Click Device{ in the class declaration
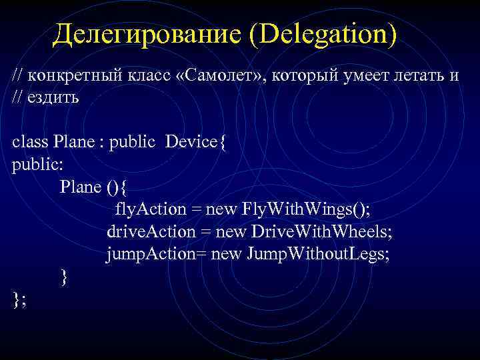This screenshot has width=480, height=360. [196, 141]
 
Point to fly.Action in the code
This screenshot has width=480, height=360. [150, 209]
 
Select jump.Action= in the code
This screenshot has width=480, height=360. [153, 254]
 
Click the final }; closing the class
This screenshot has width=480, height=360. [19, 299]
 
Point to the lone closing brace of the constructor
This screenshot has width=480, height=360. [64, 277]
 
